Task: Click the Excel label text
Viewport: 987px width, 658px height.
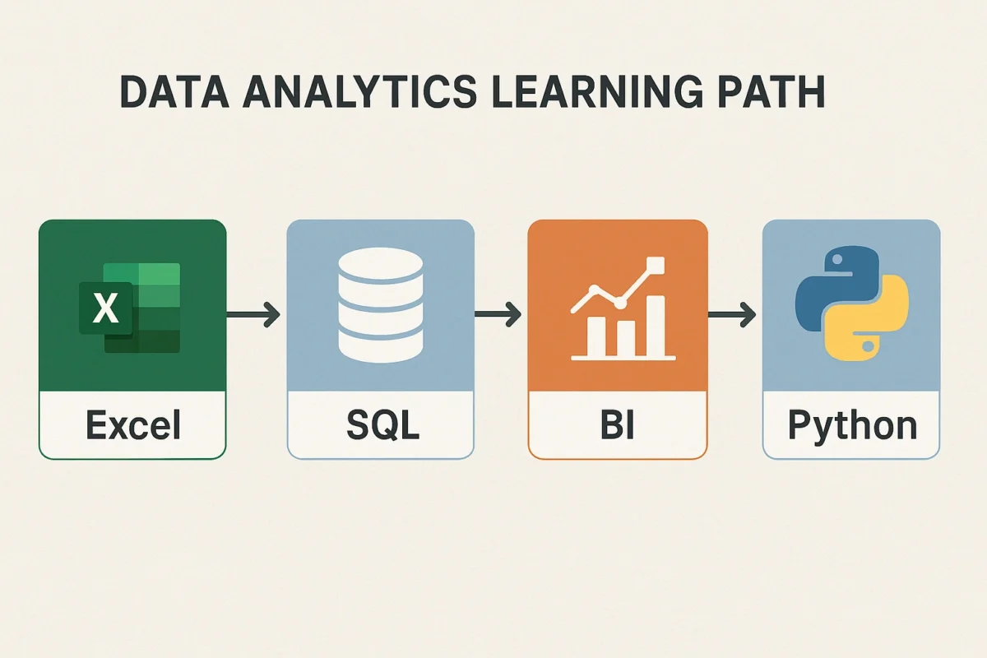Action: (132, 426)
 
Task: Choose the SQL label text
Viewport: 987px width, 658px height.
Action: (381, 426)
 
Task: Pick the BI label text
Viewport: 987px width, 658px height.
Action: (618, 426)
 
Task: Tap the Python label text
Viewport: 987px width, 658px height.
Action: (852, 426)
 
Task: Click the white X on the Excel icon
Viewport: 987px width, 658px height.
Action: (105, 308)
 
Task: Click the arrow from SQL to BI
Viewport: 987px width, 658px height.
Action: (498, 313)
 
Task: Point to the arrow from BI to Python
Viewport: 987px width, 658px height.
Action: (732, 313)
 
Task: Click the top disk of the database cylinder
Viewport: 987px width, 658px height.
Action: (381, 266)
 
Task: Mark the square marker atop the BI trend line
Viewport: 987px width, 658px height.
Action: (656, 265)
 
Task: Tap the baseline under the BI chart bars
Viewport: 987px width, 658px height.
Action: (623, 358)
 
